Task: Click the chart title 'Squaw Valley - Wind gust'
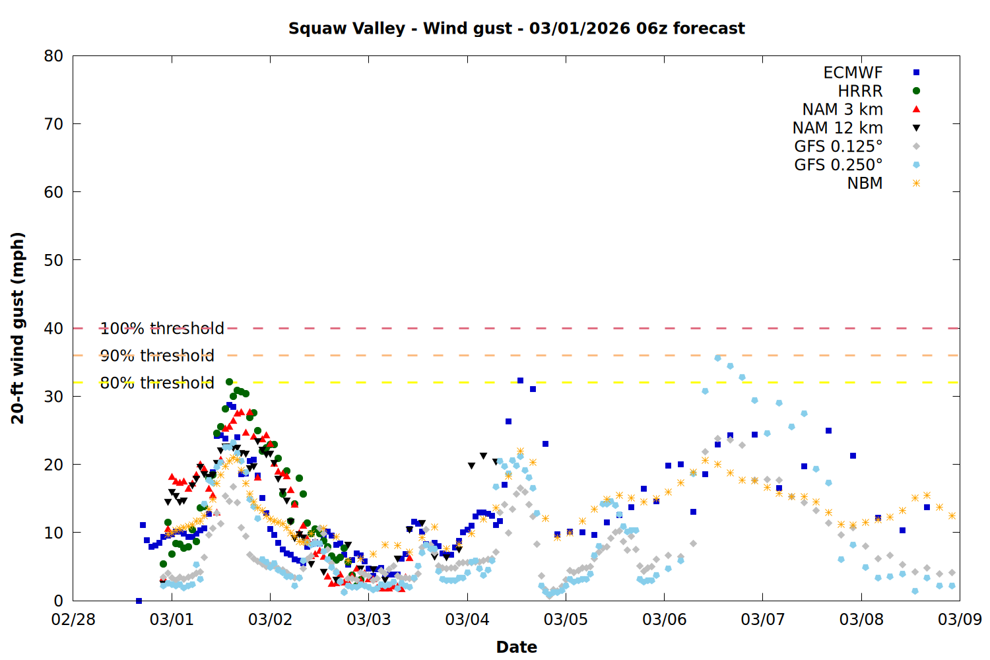tap(516, 28)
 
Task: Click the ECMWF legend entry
tap(853, 73)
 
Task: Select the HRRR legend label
tap(860, 91)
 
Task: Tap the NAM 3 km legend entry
tap(842, 110)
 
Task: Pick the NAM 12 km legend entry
tap(838, 128)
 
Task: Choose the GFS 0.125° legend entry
tap(838, 147)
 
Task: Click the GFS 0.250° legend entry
tap(838, 165)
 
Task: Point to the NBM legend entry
tap(865, 183)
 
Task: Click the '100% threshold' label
tap(162, 328)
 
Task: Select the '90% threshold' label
tap(157, 356)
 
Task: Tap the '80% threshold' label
tap(157, 383)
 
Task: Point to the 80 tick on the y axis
tap(53, 56)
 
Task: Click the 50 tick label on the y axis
tap(53, 260)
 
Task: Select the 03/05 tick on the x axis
tap(566, 620)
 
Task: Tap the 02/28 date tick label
tap(73, 620)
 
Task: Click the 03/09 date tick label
tap(960, 620)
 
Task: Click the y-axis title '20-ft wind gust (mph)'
tap(18, 328)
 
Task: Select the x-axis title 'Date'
tap(516, 647)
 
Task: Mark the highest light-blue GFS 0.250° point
tap(717, 358)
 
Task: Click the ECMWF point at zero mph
tap(139, 601)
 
